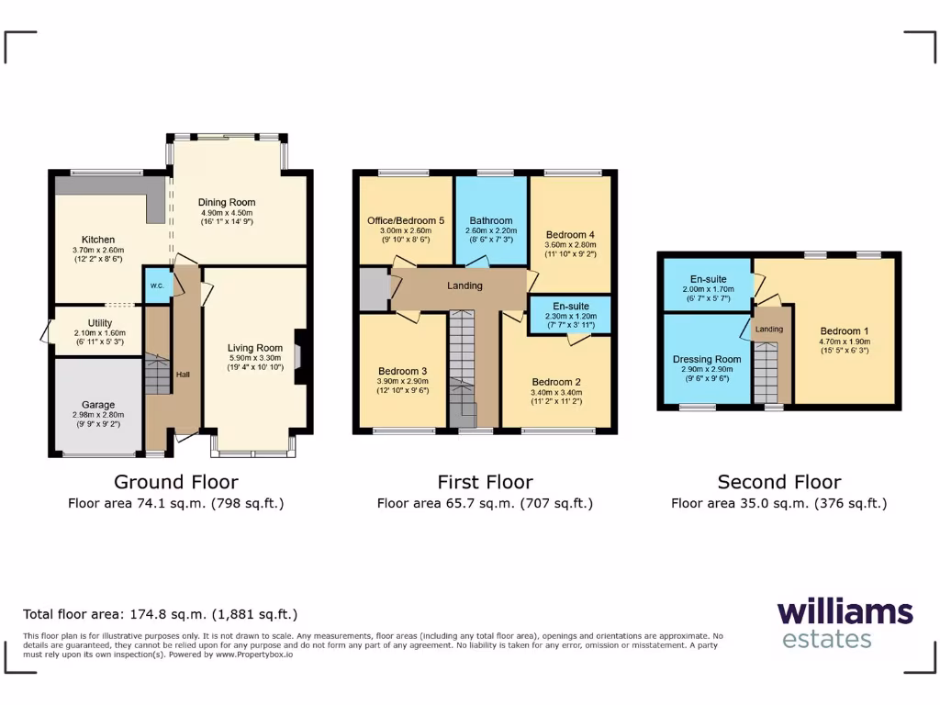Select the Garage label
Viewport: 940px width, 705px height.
coord(98,404)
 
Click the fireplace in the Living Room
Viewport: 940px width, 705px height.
coord(297,356)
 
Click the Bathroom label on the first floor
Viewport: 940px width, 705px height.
coord(491,220)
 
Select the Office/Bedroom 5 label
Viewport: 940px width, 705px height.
coord(405,220)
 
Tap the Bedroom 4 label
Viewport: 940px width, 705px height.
coord(571,234)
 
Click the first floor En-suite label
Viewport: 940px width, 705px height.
coord(571,306)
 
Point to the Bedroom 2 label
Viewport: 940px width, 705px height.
coord(556,382)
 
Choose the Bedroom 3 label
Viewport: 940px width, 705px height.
coord(402,371)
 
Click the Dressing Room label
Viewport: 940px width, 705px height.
coord(706,359)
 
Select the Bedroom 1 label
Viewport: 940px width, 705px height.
coord(843,330)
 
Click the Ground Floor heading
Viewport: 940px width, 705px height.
coord(175,482)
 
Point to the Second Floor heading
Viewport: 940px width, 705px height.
coord(778,482)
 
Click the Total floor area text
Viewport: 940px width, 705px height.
coord(160,614)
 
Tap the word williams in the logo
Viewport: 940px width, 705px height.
coord(845,612)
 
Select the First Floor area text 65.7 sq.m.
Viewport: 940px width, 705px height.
coord(485,503)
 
